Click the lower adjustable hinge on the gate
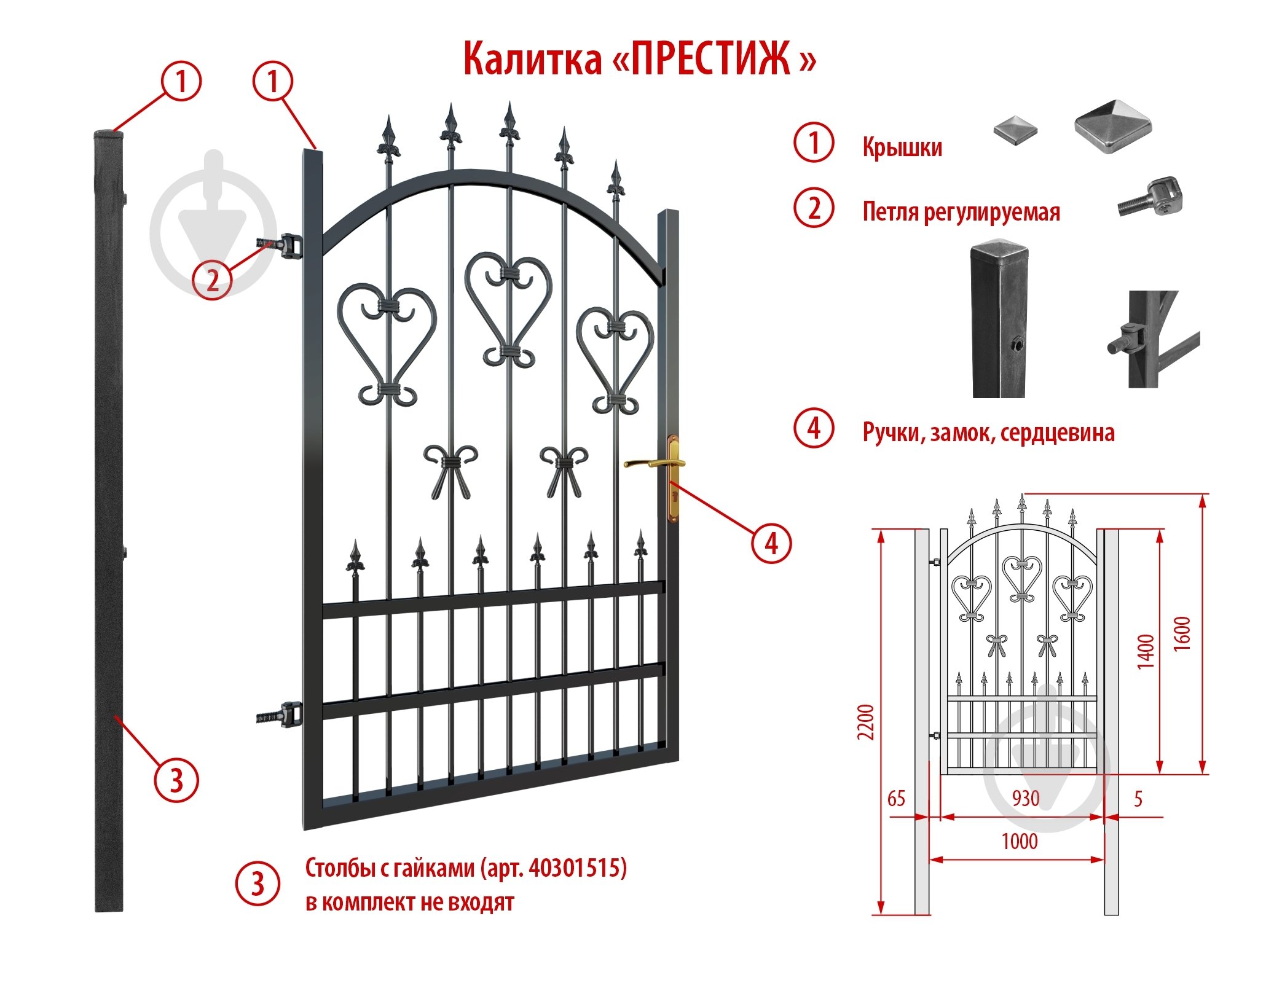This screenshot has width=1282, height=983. coord(280,715)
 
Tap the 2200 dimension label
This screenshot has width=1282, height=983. coord(865,722)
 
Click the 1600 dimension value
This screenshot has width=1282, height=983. coord(1181,633)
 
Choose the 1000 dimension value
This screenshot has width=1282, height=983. coord(1020,841)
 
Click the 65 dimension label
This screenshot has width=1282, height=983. coord(896,799)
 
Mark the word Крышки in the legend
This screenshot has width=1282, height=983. coord(902,147)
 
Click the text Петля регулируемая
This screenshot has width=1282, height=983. coord(961,211)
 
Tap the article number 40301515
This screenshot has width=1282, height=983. coord(575,867)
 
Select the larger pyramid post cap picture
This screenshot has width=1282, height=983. coord(1112,126)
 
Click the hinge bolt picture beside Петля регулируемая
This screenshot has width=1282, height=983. coord(1150,197)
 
